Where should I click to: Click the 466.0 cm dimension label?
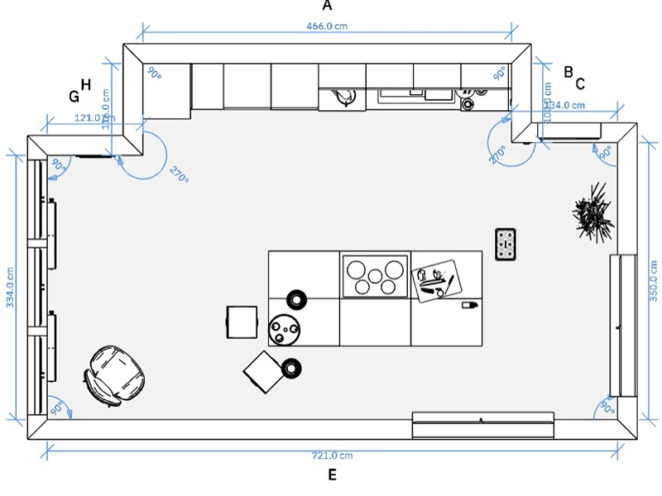pos(328,26)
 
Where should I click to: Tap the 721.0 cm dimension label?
pos(329,455)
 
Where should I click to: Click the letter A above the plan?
pos(327,6)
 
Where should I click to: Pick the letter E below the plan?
pos(332,475)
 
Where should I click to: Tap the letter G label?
pos(74,96)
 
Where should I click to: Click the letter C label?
pos(580,83)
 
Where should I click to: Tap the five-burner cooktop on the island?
pos(375,276)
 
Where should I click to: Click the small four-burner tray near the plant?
pos(506,244)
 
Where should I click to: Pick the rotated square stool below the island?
pos(265,372)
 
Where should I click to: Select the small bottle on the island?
pos(468,306)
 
